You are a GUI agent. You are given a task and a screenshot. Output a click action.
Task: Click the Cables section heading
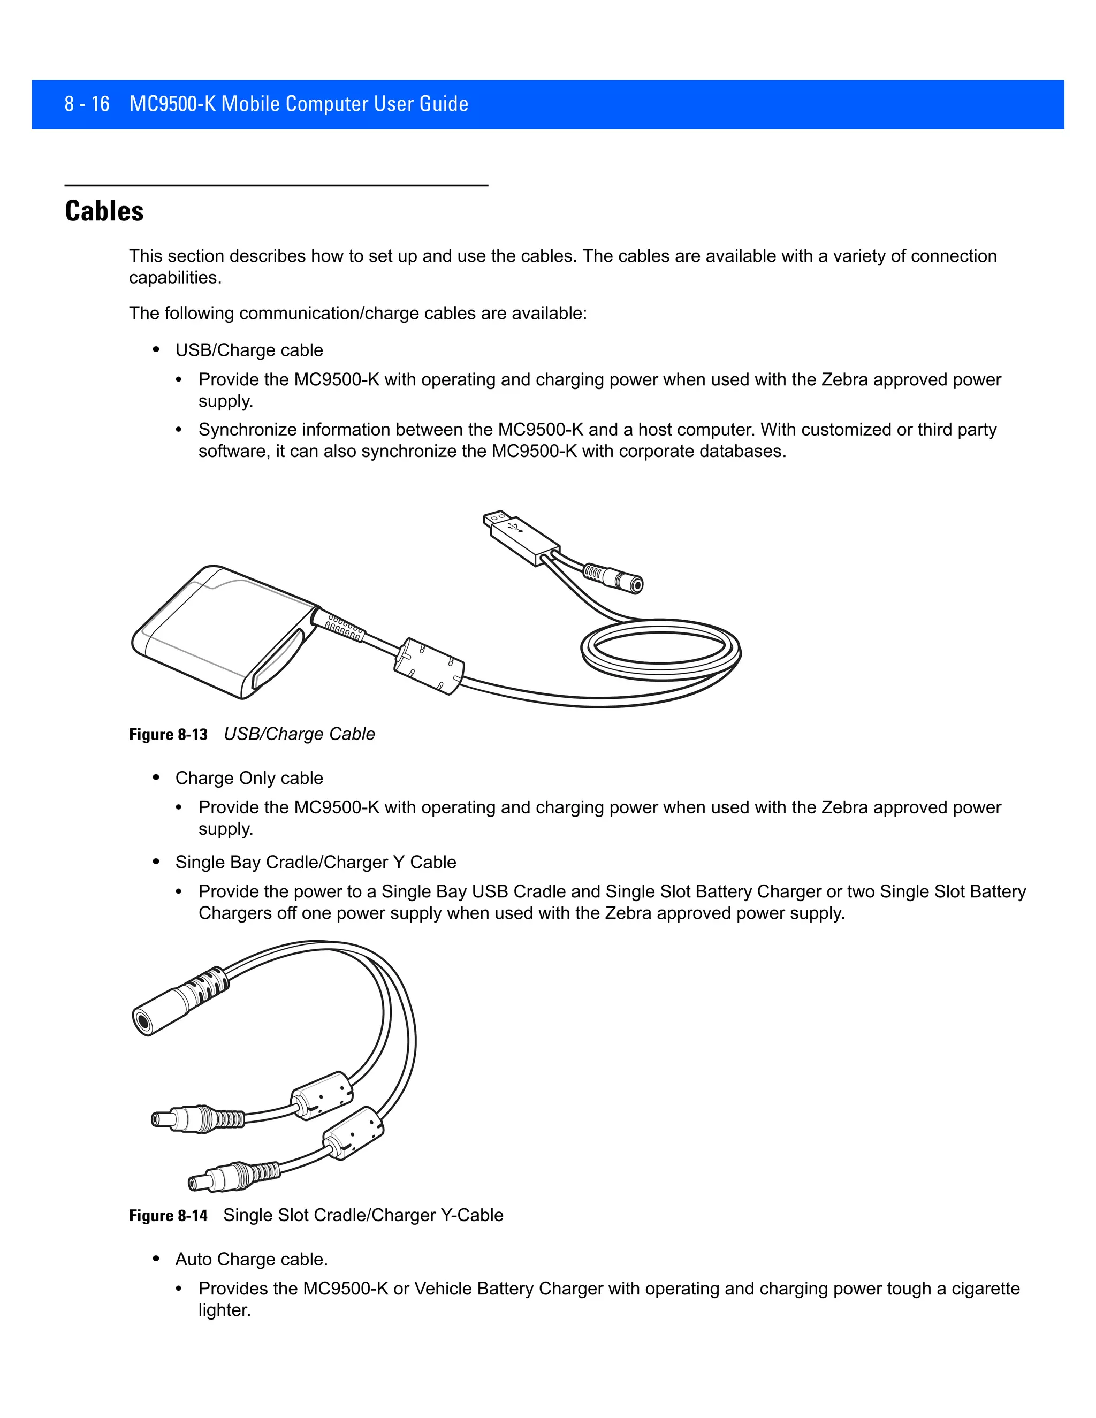pyautogui.click(x=104, y=211)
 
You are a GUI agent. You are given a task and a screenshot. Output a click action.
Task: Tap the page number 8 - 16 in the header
pyautogui.click(x=87, y=104)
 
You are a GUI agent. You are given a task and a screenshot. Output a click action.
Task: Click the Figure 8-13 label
pyautogui.click(x=168, y=734)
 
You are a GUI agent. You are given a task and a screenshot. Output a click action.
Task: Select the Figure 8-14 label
pyautogui.click(x=168, y=1215)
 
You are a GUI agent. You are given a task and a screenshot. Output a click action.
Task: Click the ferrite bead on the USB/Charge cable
pyautogui.click(x=429, y=666)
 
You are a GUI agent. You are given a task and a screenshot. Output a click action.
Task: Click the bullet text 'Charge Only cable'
pyautogui.click(x=249, y=778)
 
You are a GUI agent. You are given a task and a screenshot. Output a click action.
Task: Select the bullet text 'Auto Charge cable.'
pyautogui.click(x=252, y=1259)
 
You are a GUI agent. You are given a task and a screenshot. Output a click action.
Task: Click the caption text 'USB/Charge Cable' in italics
pyautogui.click(x=299, y=734)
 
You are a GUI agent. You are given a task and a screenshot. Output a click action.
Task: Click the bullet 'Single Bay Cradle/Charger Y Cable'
pyautogui.click(x=316, y=862)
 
